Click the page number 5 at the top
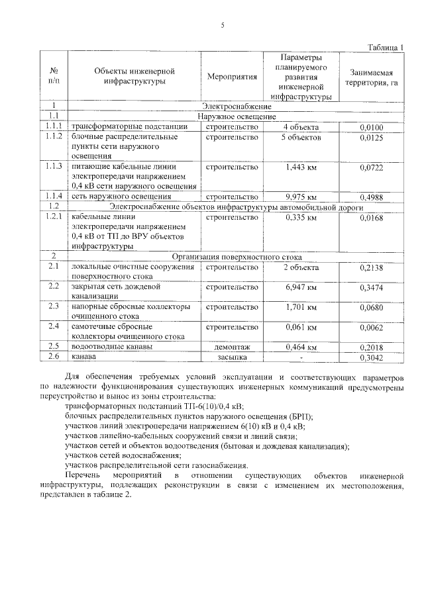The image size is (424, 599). coord(223,26)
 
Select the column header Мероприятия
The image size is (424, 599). coord(231,77)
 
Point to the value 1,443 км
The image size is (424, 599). coord(300,167)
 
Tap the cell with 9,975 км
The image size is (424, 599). coord(300,197)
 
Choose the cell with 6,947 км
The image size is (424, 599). coord(300,287)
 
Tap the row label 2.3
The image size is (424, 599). coord(54,306)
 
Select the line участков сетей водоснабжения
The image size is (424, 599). coord(123,456)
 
